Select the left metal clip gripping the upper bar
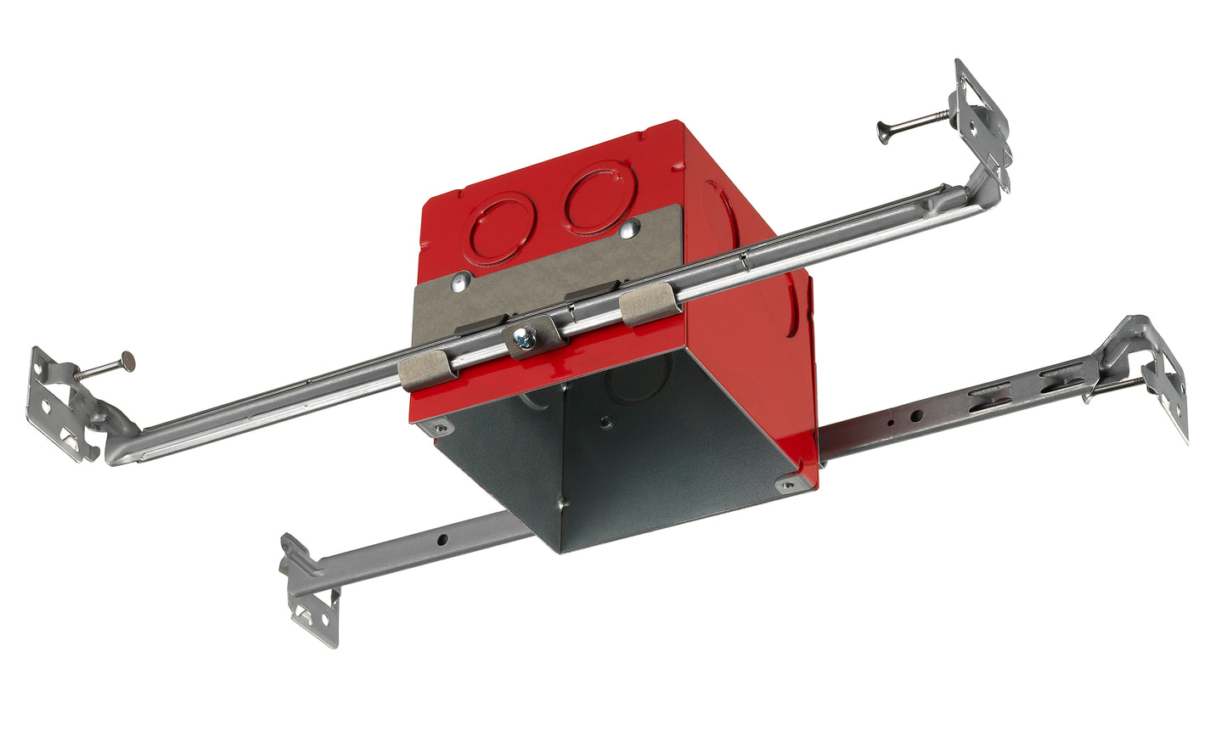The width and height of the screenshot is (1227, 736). [x=427, y=369]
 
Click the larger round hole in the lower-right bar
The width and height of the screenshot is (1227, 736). [x=917, y=416]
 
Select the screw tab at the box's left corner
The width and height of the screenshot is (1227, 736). [x=439, y=428]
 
